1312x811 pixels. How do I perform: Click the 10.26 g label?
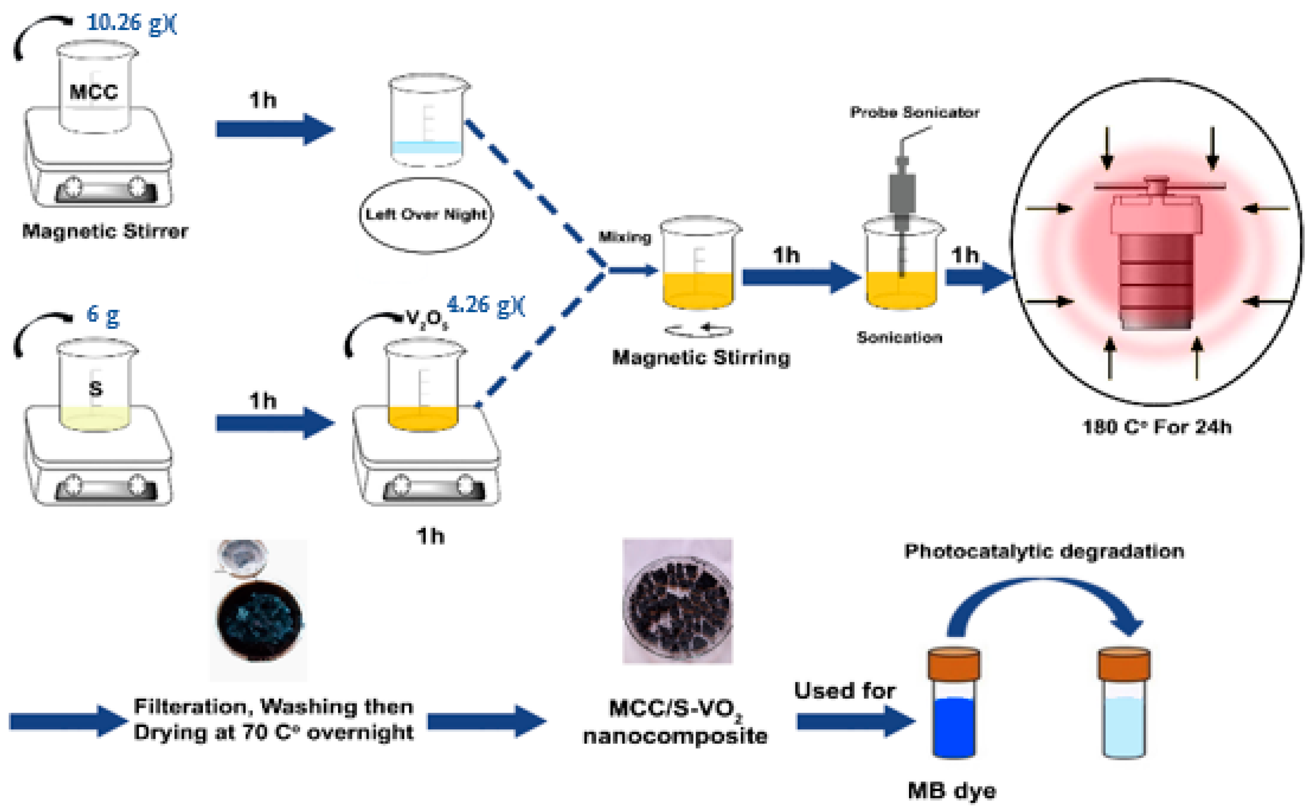[x=130, y=23]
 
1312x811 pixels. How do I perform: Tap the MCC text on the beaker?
[x=93, y=92]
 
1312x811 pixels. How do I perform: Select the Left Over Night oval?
[x=426, y=215]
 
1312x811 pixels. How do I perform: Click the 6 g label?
[x=102, y=315]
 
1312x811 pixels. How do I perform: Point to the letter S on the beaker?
[x=95, y=388]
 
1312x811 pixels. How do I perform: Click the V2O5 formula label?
[x=427, y=320]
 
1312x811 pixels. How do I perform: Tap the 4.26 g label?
[x=485, y=305]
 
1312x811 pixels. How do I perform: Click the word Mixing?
[x=625, y=236]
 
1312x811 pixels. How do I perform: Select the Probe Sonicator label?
[x=914, y=112]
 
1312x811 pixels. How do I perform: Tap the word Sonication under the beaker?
[x=899, y=338]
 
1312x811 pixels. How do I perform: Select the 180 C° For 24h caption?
[x=1156, y=427]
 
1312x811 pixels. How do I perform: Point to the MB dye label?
[x=952, y=791]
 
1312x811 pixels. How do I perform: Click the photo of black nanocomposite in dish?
[x=677, y=601]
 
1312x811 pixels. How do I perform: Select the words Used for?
[x=844, y=690]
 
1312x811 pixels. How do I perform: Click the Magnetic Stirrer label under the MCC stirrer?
[x=105, y=231]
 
